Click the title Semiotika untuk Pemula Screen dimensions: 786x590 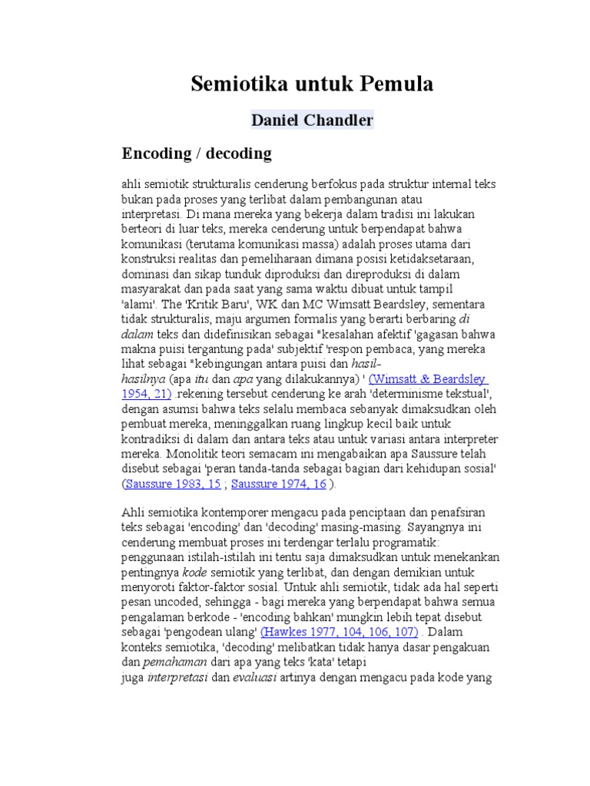tap(312, 83)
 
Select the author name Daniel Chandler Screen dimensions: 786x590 tap(312, 121)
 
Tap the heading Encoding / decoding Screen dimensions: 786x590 tap(197, 154)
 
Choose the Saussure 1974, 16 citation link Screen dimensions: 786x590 tap(278, 484)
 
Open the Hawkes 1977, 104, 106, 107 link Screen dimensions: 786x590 tap(339, 632)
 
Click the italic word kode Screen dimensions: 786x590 tap(194, 573)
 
